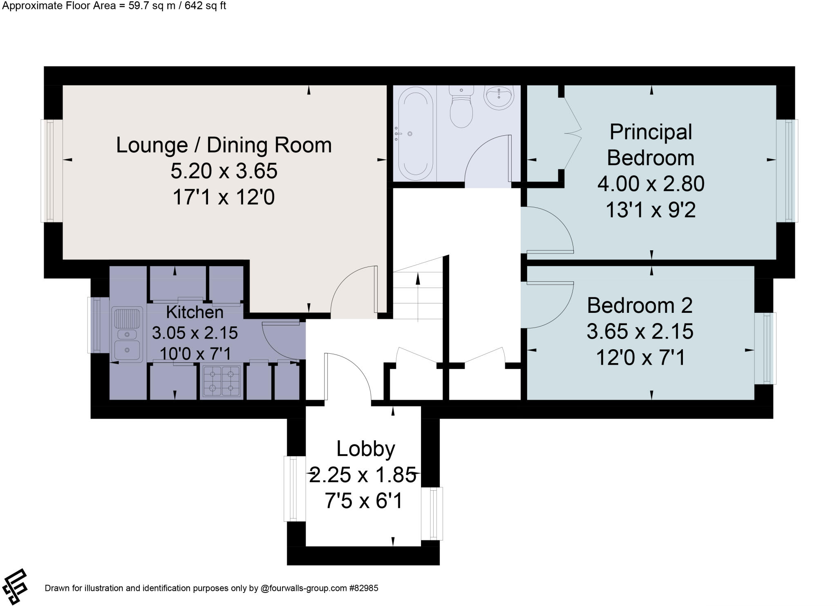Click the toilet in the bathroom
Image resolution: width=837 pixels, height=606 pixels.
pyautogui.click(x=461, y=106)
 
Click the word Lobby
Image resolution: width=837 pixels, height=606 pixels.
pyautogui.click(x=366, y=449)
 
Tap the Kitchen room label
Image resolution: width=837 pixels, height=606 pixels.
pyautogui.click(x=195, y=312)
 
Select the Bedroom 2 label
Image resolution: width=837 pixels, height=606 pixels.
pyautogui.click(x=640, y=305)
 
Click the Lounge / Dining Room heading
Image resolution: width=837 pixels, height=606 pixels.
pyautogui.click(x=224, y=146)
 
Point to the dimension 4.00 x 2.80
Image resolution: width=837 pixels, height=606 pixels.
pyautogui.click(x=651, y=184)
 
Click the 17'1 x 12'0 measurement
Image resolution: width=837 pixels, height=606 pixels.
pyautogui.click(x=224, y=197)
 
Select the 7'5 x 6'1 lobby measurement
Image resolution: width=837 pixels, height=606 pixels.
pyautogui.click(x=364, y=501)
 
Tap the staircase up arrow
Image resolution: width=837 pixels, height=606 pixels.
pyautogui.click(x=418, y=296)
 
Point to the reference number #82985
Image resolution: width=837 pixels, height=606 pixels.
pyautogui.click(x=363, y=588)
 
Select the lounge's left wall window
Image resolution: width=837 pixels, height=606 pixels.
pyautogui.click(x=51, y=171)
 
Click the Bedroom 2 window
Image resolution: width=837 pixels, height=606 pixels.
pyautogui.click(x=765, y=348)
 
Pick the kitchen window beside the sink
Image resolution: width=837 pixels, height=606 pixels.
pyautogui.click(x=98, y=325)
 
